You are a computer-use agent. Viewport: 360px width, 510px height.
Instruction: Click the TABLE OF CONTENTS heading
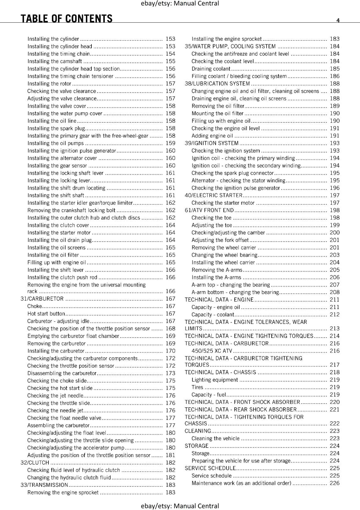(x=67, y=18)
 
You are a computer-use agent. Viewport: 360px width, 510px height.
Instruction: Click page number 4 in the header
(x=338, y=20)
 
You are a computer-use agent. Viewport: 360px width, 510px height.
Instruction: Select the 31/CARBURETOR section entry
(x=42, y=299)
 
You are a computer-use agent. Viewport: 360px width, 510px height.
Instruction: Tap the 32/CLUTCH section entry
(x=35, y=463)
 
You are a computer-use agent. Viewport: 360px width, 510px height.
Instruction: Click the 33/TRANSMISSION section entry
(x=44, y=485)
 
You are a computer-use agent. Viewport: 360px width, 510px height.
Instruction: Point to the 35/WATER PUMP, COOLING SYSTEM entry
(x=230, y=47)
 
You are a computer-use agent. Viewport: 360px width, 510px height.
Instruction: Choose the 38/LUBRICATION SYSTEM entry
(x=217, y=84)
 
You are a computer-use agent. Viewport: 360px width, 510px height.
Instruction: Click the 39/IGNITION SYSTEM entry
(x=212, y=143)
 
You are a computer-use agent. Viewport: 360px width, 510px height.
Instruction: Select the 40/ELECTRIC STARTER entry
(x=213, y=195)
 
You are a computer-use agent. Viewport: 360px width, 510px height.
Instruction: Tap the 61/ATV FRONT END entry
(x=209, y=210)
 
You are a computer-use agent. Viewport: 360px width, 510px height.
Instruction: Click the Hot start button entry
(x=46, y=314)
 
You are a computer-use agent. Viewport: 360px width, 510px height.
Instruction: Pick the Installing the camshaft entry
(x=54, y=61)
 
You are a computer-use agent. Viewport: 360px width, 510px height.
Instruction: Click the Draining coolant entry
(x=211, y=69)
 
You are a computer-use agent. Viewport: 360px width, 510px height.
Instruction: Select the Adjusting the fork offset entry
(x=220, y=240)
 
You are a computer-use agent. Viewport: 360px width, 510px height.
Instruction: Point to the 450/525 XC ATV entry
(x=212, y=351)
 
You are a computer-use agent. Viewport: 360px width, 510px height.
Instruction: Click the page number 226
(x=335, y=483)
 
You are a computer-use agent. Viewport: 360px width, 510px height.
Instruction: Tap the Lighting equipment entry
(x=215, y=380)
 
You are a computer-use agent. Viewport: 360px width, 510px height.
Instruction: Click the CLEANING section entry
(x=198, y=431)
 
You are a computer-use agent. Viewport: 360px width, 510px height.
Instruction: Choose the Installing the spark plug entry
(x=56, y=128)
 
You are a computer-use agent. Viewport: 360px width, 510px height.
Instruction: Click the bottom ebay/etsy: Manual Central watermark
(x=180, y=506)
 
